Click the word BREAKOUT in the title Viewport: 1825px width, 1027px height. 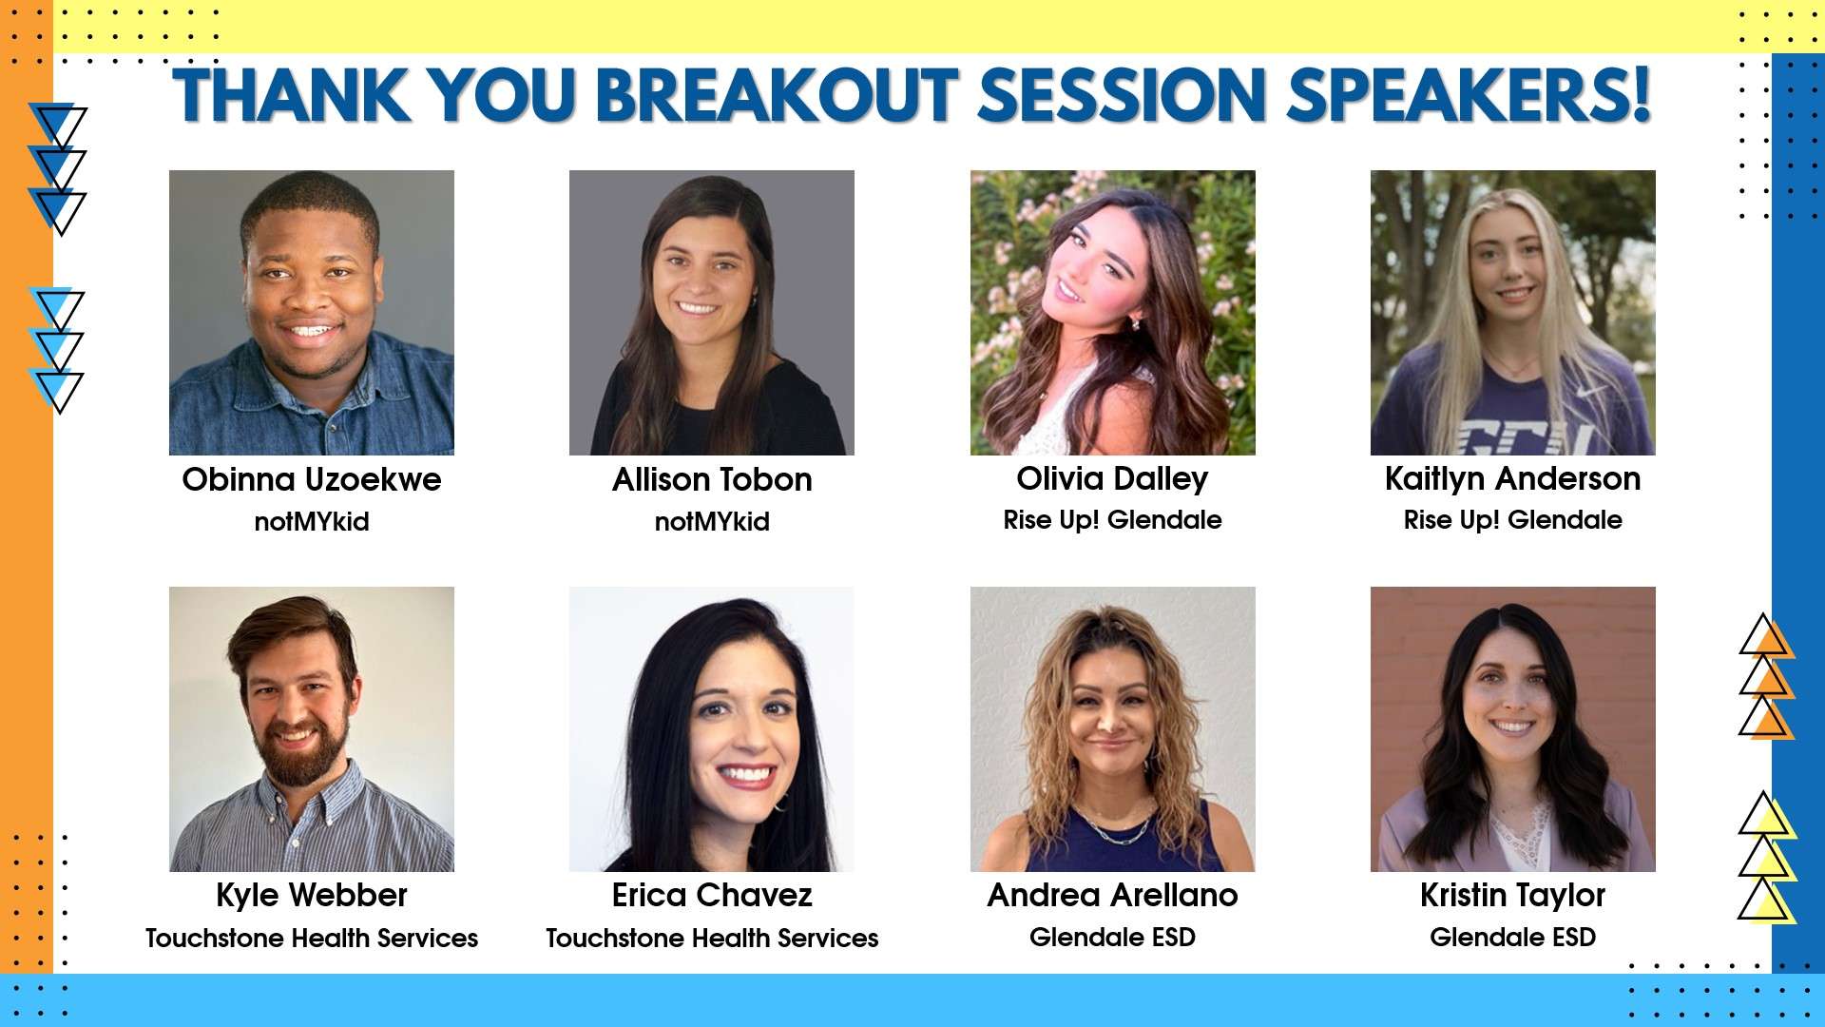pyautogui.click(x=777, y=95)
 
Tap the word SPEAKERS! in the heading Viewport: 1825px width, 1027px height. pyautogui.click(x=1469, y=95)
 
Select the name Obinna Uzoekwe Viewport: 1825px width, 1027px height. pyautogui.click(x=312, y=479)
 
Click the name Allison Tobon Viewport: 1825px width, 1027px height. pyautogui.click(x=712, y=479)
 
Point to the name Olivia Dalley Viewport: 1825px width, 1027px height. pyautogui.click(x=1112, y=479)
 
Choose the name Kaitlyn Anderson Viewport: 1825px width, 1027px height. pyautogui.click(x=1512, y=479)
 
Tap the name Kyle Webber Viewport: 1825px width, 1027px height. pyautogui.click(x=312, y=896)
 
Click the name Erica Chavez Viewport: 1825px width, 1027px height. pyautogui.click(x=712, y=896)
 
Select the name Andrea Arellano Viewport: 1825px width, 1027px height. pyautogui.click(x=1112, y=896)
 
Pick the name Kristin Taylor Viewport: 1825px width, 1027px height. pyautogui.click(x=1512, y=896)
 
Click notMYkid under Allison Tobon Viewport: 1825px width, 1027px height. pyautogui.click(x=712, y=521)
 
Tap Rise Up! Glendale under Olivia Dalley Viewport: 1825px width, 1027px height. pyautogui.click(x=1112, y=520)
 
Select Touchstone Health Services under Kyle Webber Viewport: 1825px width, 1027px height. pyautogui.click(x=312, y=938)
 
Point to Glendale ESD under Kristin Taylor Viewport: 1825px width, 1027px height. pyautogui.click(x=1512, y=937)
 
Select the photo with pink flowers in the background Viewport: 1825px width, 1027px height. pyautogui.click(x=1112, y=313)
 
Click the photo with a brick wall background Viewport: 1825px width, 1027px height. pyautogui.click(x=1512, y=729)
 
